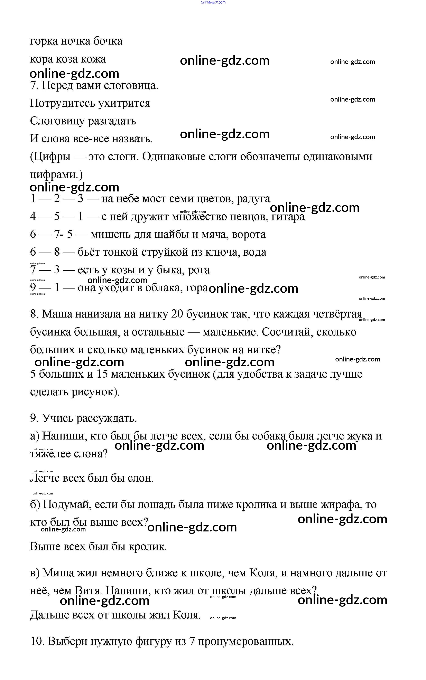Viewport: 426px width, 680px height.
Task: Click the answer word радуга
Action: point(253,199)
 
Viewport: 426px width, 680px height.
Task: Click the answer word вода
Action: point(255,252)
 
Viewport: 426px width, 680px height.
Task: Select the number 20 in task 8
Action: point(177,314)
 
